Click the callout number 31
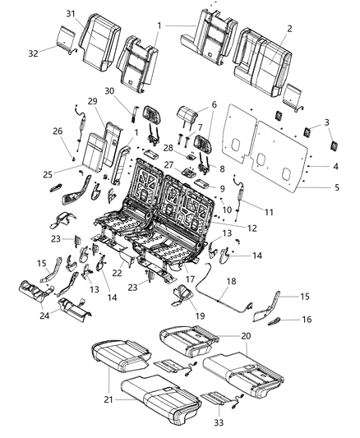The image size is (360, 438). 71,13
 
